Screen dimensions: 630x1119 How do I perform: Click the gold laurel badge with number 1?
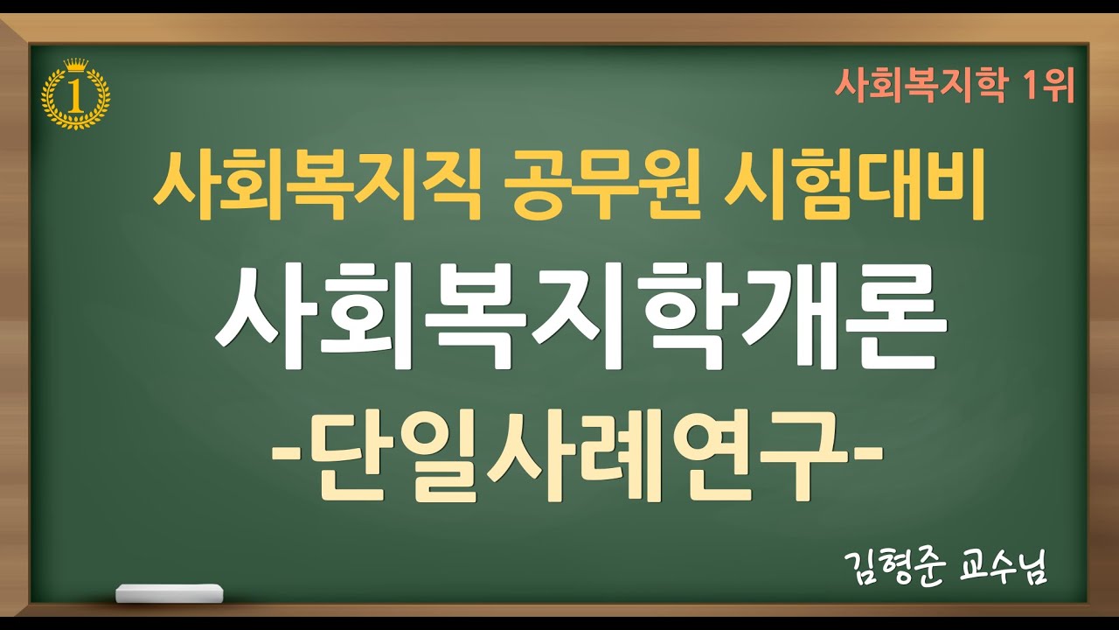click(76, 94)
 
